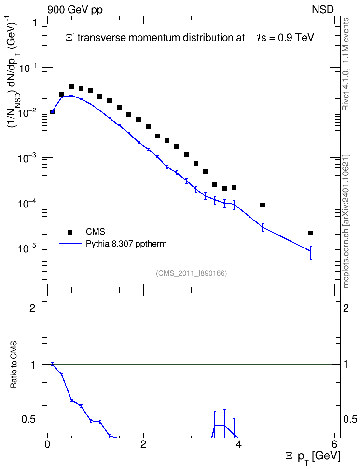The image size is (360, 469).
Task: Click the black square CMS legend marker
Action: (x=70, y=232)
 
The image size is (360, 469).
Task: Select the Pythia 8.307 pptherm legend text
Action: (x=126, y=244)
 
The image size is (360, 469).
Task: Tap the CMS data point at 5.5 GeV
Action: (x=311, y=233)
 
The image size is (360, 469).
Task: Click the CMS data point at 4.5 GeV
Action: (x=263, y=205)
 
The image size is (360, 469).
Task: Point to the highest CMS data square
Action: (x=71, y=87)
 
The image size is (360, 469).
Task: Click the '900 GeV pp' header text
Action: (x=75, y=10)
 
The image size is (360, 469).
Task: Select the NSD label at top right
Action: (x=322, y=10)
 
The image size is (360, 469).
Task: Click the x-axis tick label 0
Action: (x=47, y=443)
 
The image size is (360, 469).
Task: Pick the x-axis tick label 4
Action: (x=239, y=443)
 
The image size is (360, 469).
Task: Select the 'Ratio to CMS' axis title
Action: (x=14, y=364)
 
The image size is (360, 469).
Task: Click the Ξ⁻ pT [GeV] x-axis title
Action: (x=312, y=457)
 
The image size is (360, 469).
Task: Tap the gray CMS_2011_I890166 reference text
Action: (x=191, y=273)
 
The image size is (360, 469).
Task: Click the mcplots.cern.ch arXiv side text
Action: (x=346, y=221)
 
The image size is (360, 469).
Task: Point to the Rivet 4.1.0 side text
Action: (x=346, y=64)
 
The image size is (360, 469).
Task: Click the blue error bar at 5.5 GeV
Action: (x=311, y=253)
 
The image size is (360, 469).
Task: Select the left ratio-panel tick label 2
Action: (x=32, y=308)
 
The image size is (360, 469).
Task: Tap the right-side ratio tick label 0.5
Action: (x=350, y=420)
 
